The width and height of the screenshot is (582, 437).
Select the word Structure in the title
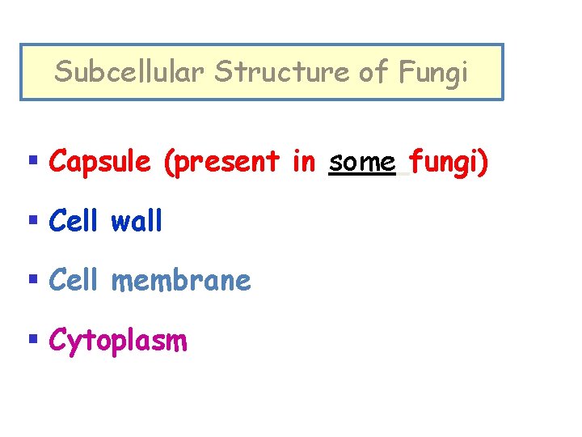tap(281, 72)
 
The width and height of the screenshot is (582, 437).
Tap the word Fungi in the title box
tap(432, 73)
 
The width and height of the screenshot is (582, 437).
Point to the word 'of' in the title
tap(373, 72)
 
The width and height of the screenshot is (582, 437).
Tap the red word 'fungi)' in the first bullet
tap(448, 163)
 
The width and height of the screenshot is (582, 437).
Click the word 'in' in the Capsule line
tap(303, 161)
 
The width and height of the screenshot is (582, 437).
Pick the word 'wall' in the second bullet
tap(137, 221)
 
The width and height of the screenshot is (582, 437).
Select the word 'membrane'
tap(180, 281)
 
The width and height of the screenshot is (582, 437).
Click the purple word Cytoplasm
tap(118, 341)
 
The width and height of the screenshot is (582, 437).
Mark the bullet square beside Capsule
tap(32, 161)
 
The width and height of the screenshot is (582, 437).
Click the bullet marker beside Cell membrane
tap(32, 281)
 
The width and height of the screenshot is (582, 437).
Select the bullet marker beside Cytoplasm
tap(32, 340)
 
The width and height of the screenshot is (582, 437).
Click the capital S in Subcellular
tap(62, 72)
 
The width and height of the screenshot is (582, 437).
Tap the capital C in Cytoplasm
tap(57, 340)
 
